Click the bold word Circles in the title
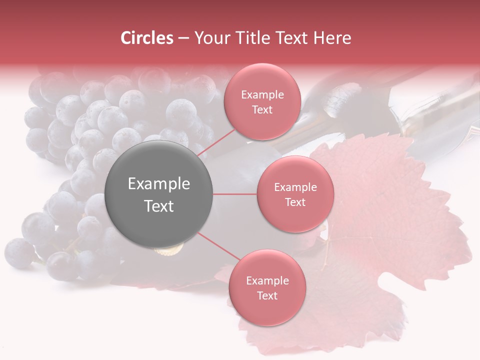point(147,38)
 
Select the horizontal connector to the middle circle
point(235,194)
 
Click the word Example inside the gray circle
point(159,184)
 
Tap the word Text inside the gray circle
point(159,206)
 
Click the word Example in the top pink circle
point(262,95)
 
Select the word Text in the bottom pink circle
point(267,296)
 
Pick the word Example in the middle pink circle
point(295,187)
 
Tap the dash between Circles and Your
point(183,38)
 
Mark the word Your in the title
point(211,38)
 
